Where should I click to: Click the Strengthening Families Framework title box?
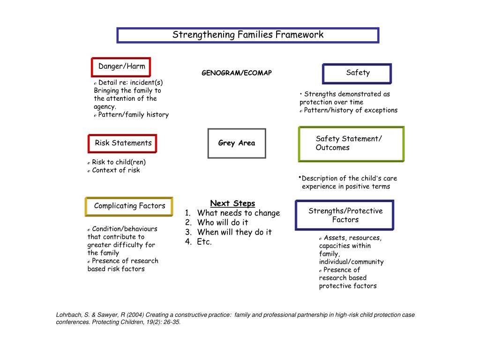pyautogui.click(x=247, y=35)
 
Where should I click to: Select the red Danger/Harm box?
pyautogui.click(x=121, y=67)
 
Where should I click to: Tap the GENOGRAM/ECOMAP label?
pyautogui.click(x=237, y=73)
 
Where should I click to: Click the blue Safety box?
pyautogui.click(x=357, y=73)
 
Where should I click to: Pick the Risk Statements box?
pyautogui.click(x=123, y=143)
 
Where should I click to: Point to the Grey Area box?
pyautogui.click(x=237, y=143)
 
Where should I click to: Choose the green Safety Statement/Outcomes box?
pyautogui.click(x=351, y=143)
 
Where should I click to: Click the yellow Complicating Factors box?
pyautogui.click(x=129, y=206)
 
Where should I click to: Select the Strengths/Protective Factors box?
pyautogui.click(x=345, y=215)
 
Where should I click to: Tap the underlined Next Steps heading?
pyautogui.click(x=232, y=203)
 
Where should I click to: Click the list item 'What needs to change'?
pyautogui.click(x=238, y=213)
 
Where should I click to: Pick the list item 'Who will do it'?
pyautogui.click(x=223, y=223)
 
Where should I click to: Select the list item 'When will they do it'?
pyautogui.click(x=234, y=232)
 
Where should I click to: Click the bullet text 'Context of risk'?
pyautogui.click(x=116, y=170)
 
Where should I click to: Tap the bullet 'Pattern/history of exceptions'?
pyautogui.click(x=350, y=111)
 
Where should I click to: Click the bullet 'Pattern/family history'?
pyautogui.click(x=133, y=115)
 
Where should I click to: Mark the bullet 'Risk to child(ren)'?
pyautogui.click(x=119, y=162)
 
